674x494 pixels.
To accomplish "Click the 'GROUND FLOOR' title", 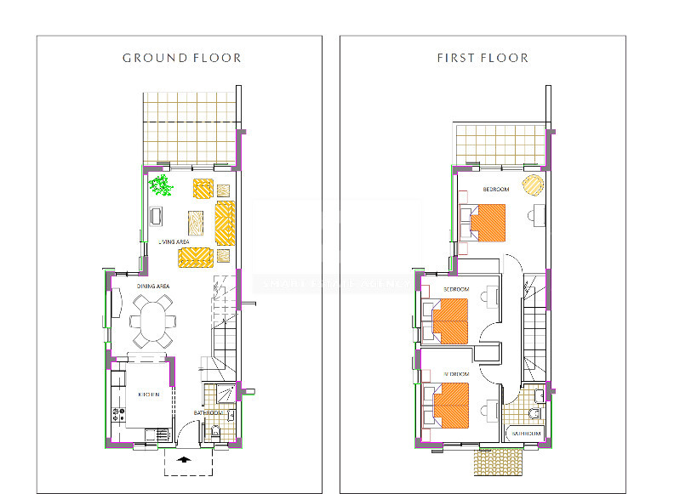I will click(x=181, y=58).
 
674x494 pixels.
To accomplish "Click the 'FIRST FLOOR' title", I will click(x=483, y=58).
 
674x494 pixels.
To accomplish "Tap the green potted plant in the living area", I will click(x=159, y=185).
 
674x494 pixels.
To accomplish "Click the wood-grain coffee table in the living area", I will click(x=197, y=223).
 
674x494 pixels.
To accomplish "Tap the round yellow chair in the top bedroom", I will click(x=532, y=184).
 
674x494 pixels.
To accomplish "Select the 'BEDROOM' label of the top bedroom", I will click(x=495, y=190).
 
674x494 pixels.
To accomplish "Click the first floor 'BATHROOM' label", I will click(x=524, y=433).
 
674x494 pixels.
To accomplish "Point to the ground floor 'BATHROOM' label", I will click(x=208, y=413).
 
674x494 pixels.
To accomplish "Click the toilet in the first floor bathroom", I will click(x=534, y=413).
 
